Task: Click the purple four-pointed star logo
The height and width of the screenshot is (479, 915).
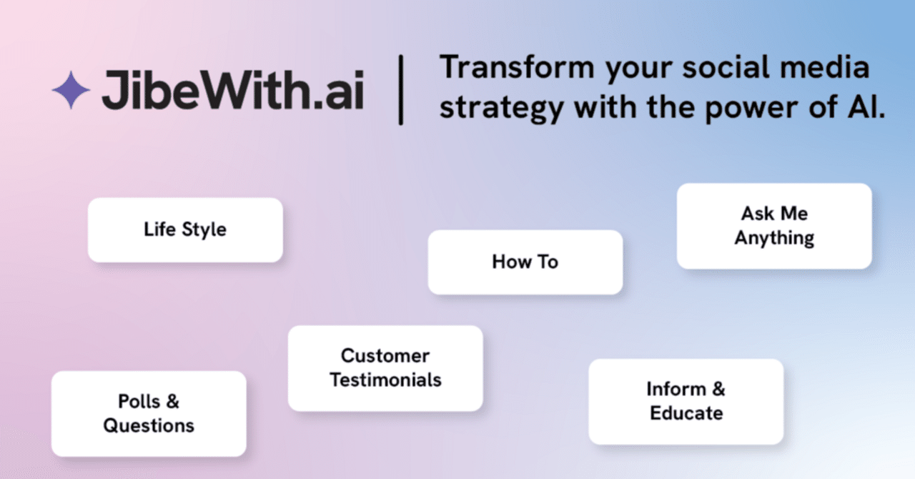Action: (71, 90)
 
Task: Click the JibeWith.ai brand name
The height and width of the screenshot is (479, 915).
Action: (233, 90)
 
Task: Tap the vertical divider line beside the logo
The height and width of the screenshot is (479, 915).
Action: (401, 90)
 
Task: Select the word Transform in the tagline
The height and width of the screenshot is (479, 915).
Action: (517, 67)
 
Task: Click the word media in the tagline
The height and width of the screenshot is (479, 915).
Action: (825, 67)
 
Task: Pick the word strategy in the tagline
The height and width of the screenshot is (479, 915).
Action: (502, 108)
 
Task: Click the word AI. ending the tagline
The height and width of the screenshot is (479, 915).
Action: (866, 107)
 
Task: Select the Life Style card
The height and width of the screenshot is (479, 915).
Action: (185, 229)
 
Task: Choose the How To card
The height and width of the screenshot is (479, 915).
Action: (525, 262)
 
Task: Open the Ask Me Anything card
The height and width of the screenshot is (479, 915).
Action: (774, 226)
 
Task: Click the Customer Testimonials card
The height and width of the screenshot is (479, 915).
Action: (385, 368)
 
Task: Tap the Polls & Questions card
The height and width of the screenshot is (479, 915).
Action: (149, 414)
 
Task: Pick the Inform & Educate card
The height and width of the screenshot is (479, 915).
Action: (686, 402)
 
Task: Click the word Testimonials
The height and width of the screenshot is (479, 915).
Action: (385, 380)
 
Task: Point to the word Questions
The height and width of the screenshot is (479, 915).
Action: (149, 426)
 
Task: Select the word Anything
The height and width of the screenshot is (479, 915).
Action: (774, 238)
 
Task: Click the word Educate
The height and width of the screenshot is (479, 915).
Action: (686, 413)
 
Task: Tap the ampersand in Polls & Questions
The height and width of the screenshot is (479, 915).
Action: (173, 401)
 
